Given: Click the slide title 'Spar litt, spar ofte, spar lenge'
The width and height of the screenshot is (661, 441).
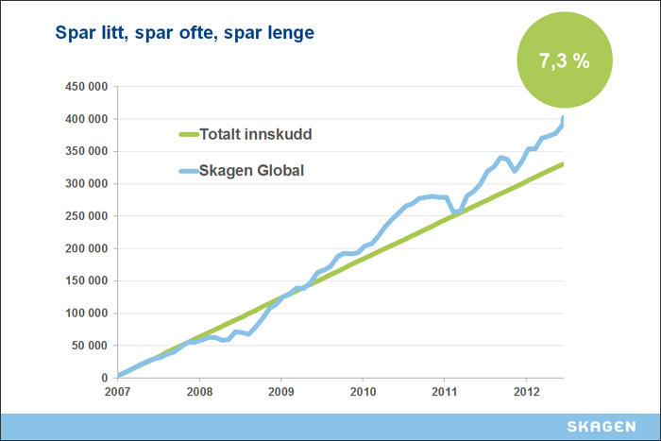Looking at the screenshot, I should pos(173,34).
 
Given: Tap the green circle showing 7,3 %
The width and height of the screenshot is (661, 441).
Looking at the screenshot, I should pos(564,60).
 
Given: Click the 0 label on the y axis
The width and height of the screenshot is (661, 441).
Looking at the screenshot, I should pos(105,378).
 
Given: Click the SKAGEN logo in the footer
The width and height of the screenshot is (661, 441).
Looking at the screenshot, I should pos(602,426).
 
